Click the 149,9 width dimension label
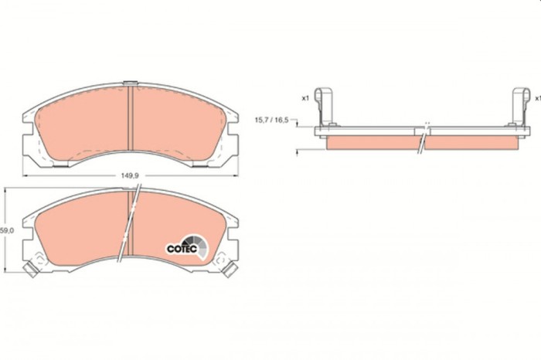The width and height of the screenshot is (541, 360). tap(130, 175)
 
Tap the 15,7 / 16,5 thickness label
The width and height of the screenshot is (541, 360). tap(271, 121)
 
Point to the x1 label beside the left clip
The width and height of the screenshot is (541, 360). tap(305, 98)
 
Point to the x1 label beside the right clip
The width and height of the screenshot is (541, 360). tap(536, 98)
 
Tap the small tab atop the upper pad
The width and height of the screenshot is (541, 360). tap(131, 83)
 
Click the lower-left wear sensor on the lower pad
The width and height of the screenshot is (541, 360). tap(30, 270)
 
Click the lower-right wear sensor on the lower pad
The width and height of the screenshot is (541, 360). tap(230, 270)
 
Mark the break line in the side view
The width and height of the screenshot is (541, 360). tap(422, 139)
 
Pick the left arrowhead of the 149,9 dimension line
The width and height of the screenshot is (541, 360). tap(24, 175)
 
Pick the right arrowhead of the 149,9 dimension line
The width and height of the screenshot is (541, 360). tap(236, 175)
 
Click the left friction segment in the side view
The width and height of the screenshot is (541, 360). tap(371, 144)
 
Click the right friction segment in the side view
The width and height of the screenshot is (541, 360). tap(471, 144)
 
